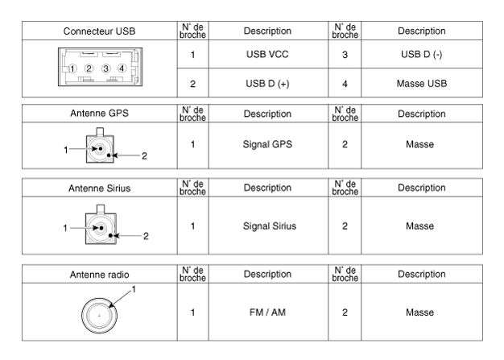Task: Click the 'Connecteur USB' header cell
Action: [x=99, y=31]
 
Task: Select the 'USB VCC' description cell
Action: [x=267, y=56]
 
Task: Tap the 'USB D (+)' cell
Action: [x=267, y=83]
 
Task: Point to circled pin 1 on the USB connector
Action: [x=74, y=68]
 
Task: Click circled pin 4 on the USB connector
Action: [x=122, y=68]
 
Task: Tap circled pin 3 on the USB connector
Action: [x=105, y=68]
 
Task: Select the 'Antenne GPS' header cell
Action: [x=99, y=114]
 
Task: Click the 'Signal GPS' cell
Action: [x=267, y=144]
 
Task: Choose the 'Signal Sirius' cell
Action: [x=267, y=226]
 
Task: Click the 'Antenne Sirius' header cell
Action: [x=99, y=188]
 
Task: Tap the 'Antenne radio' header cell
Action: [x=99, y=275]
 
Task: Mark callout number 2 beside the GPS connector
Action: [x=144, y=155]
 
